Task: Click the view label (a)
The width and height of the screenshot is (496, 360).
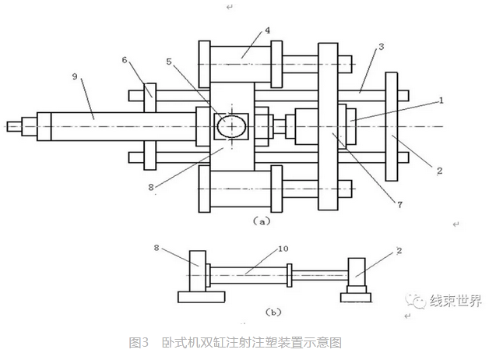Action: pos(262,222)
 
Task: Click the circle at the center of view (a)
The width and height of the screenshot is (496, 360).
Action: pos(231,125)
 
